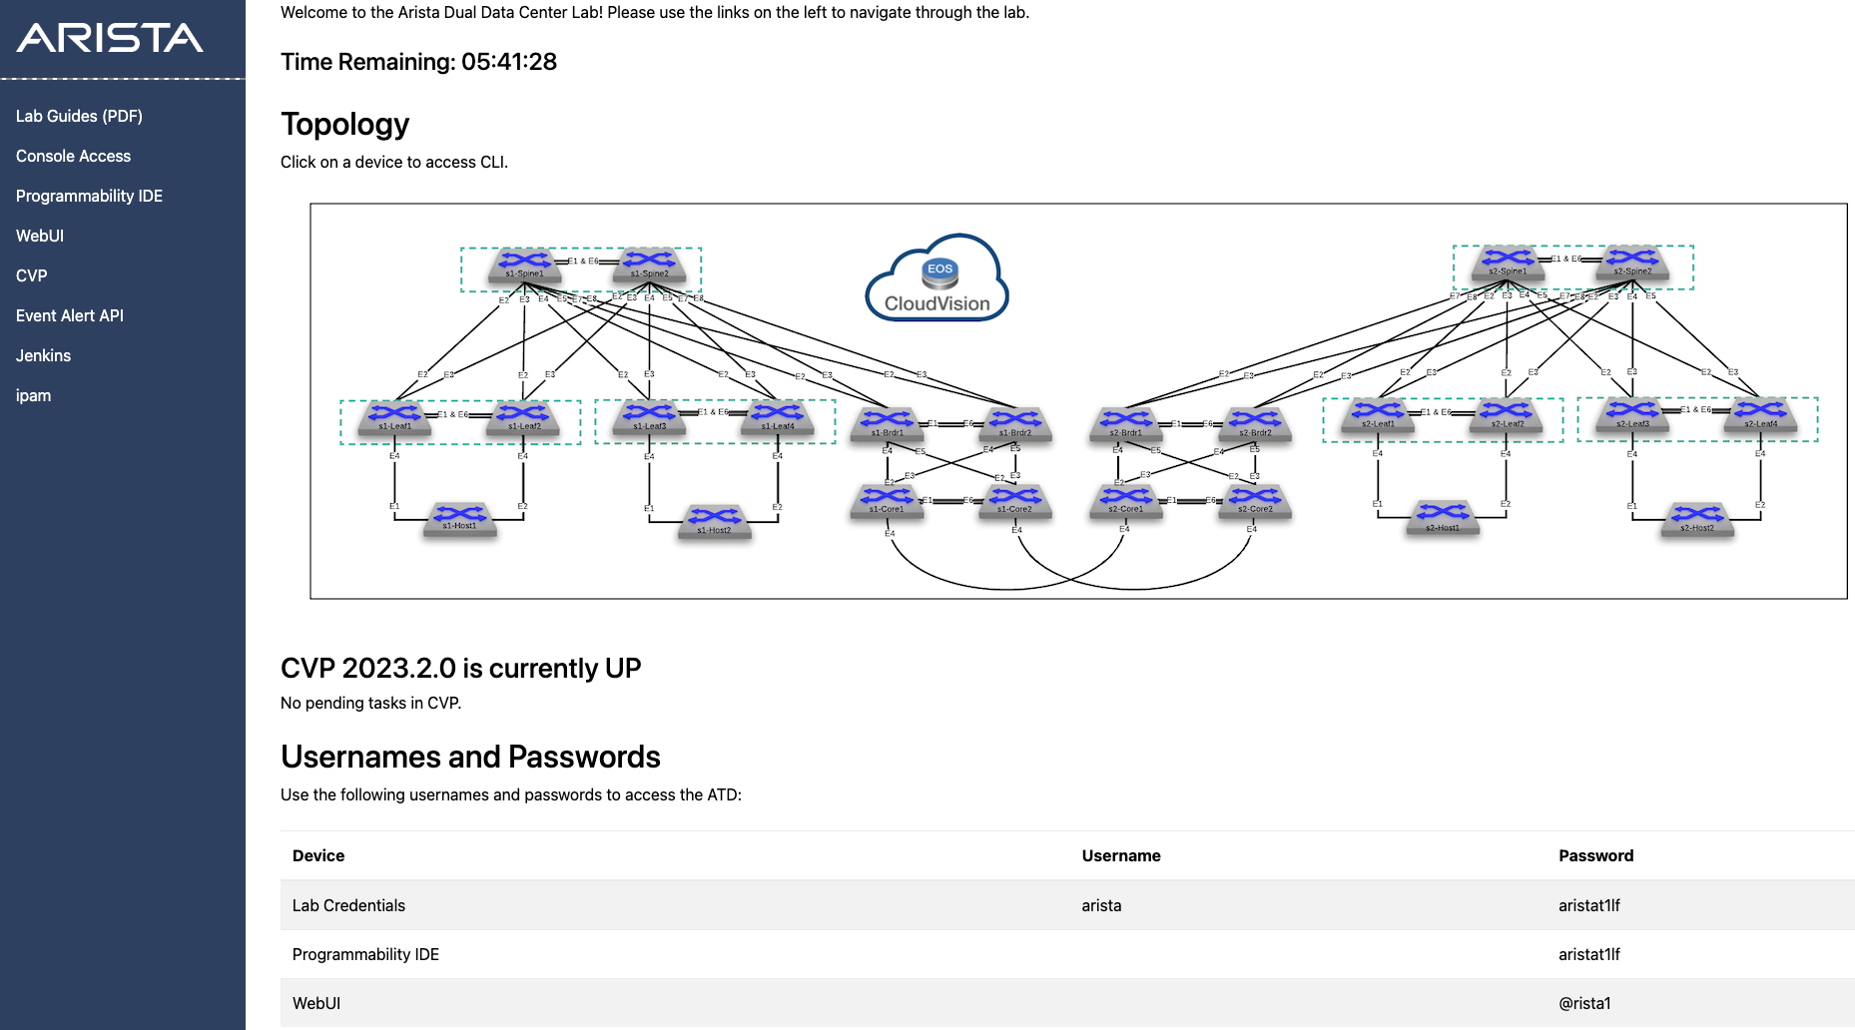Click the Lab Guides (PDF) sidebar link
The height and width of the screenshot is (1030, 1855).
click(79, 116)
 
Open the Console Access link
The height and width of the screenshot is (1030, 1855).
click(73, 156)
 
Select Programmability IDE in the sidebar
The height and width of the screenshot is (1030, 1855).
click(89, 196)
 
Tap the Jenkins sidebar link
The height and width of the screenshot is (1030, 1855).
click(43, 355)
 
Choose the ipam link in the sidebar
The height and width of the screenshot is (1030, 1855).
click(33, 395)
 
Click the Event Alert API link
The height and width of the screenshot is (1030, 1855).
click(70, 315)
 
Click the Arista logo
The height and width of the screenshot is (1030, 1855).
click(110, 38)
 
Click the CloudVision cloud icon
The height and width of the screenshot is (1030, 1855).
click(936, 278)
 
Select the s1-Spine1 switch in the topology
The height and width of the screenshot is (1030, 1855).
click(524, 264)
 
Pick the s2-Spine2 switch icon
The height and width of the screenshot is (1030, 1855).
click(1632, 262)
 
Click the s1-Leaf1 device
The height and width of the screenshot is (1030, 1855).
click(395, 417)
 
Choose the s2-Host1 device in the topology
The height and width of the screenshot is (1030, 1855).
click(1443, 518)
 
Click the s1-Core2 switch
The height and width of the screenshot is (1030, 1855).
click(1014, 500)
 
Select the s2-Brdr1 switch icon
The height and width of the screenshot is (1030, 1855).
click(1125, 423)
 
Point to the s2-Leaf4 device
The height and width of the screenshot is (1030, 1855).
click(1760, 414)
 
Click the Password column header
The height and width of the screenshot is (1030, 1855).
click(1595, 855)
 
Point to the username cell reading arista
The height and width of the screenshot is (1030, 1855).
click(1101, 905)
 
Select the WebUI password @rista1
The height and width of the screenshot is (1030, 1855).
click(1584, 1003)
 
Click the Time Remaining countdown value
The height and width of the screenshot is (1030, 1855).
click(509, 62)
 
